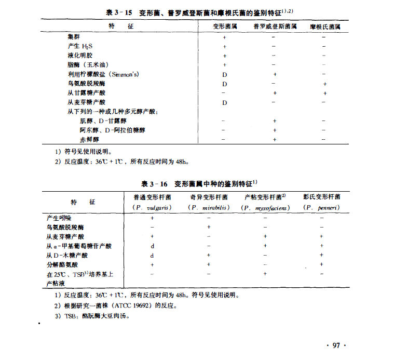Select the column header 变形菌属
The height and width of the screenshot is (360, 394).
tap(225, 25)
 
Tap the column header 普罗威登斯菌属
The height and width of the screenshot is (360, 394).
tap(275, 25)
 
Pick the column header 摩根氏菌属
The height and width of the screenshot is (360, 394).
tap(325, 25)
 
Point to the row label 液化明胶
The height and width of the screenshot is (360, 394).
tap(79, 56)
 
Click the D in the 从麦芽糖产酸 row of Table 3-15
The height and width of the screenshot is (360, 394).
tap(225, 102)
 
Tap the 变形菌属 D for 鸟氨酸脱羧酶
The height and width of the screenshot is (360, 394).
tap(225, 84)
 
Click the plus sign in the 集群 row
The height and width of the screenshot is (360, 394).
tap(225, 37)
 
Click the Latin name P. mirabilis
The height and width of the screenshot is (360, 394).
tap(208, 207)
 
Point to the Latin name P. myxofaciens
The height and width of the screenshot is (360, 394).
tap(265, 207)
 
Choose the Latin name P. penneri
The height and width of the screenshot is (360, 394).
tap(321, 207)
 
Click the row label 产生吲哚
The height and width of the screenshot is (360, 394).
tap(59, 218)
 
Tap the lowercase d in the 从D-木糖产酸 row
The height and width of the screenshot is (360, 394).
tap(152, 255)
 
